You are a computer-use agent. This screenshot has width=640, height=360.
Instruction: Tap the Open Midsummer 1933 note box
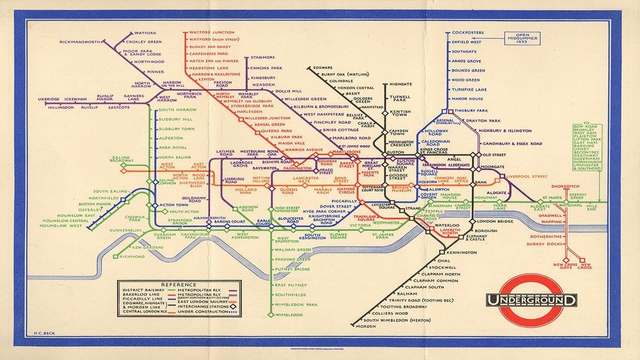coord(523,38)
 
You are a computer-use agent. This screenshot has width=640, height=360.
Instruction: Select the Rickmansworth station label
coord(81,41)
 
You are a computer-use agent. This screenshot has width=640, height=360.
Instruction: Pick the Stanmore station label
coord(262,57)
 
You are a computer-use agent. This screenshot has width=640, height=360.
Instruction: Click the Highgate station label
coord(401,84)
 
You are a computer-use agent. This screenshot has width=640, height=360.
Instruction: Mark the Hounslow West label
coord(60,226)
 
